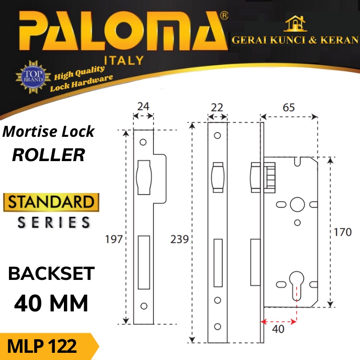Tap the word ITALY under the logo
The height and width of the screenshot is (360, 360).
[x=124, y=60]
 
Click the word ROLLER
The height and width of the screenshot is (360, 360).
[x=49, y=155]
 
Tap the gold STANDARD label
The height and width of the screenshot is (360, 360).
[x=50, y=202]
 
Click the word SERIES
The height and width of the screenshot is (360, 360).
[x=54, y=222]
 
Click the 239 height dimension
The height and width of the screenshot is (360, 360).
[x=180, y=239]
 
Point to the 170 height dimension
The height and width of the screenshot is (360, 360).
[x=343, y=233]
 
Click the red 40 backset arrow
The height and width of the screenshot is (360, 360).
[x=279, y=321]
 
